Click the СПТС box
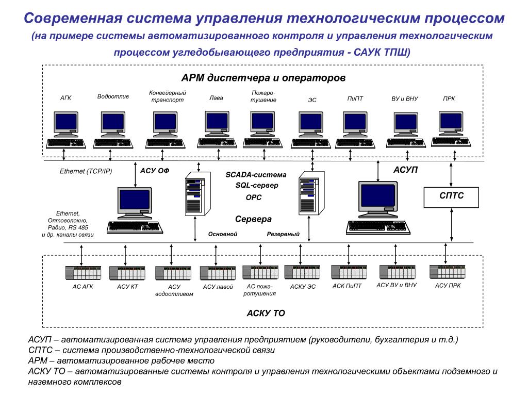point(451,196)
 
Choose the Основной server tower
point(195,194)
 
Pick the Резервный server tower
point(310,194)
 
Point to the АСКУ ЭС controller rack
point(302,272)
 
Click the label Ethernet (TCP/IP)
point(86,171)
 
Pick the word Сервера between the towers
point(253,219)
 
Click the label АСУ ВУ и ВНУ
point(396,285)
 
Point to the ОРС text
point(253,197)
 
